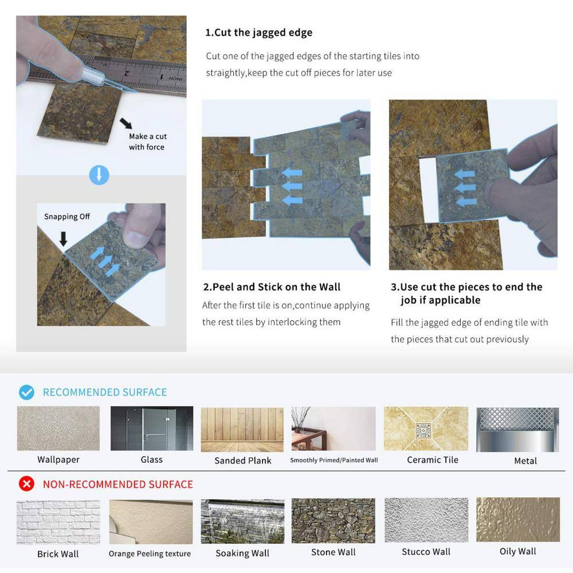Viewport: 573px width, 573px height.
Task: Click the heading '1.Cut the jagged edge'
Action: (259, 33)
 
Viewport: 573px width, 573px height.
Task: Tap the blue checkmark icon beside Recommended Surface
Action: (27, 392)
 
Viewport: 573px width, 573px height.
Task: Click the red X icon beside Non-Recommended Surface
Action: (27, 484)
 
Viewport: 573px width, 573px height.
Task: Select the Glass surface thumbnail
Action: (152, 428)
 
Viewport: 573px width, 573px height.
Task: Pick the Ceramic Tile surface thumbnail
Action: (426, 429)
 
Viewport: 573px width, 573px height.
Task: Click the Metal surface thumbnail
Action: (517, 429)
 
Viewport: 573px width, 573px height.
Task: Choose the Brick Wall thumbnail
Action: (58, 522)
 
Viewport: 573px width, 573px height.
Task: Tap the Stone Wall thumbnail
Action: (333, 521)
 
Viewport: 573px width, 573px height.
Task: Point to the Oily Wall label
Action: (517, 551)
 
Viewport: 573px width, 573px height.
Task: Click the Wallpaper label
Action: (58, 460)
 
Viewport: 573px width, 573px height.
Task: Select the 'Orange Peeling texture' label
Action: (150, 554)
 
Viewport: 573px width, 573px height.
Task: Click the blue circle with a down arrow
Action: (99, 175)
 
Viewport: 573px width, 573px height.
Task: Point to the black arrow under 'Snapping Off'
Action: (63, 238)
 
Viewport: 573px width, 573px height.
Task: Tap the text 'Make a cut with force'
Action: (148, 142)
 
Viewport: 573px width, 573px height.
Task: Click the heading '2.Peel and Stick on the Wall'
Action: (272, 287)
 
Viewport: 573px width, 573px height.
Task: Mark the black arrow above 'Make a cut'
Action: (126, 123)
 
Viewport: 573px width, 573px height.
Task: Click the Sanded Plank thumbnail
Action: (242, 429)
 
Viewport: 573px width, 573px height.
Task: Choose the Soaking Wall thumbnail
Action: (242, 521)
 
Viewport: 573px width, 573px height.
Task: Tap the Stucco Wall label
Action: (426, 552)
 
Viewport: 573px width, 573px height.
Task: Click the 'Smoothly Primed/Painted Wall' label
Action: (334, 460)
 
